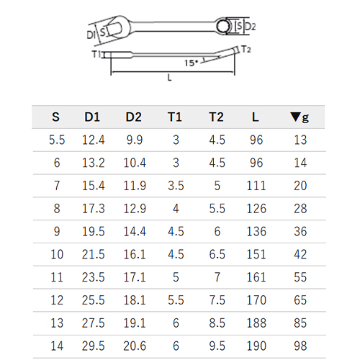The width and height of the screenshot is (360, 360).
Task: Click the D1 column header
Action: tap(92, 117)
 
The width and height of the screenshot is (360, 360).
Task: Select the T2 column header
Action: tap(216, 117)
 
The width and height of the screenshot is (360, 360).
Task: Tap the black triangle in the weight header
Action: tap(295, 117)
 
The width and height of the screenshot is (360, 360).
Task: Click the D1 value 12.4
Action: tap(94, 140)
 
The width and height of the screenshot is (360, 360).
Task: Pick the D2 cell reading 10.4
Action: tap(135, 163)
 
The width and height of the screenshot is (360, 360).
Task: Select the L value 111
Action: tap(256, 186)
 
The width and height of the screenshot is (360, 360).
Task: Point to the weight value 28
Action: tap(300, 209)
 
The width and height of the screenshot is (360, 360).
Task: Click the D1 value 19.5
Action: tap(94, 232)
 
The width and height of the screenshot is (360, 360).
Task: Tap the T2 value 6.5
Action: tap(217, 254)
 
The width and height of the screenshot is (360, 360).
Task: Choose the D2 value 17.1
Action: tap(135, 277)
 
